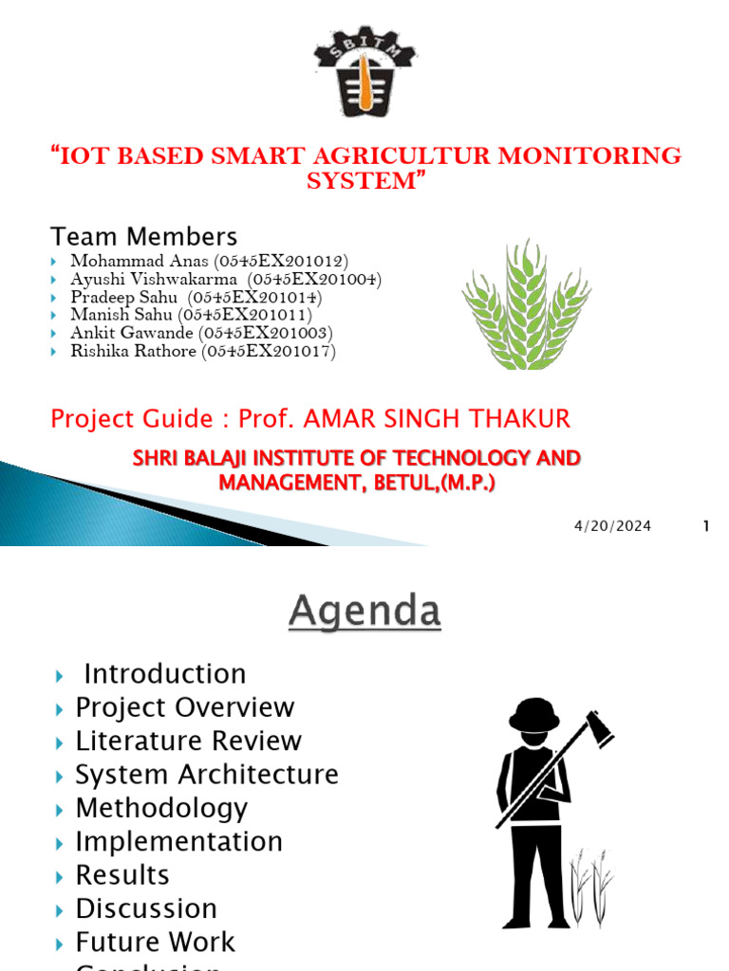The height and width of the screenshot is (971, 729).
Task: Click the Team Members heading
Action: point(143,236)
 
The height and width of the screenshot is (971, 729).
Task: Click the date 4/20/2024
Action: point(612,526)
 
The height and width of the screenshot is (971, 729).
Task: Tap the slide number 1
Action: point(706,526)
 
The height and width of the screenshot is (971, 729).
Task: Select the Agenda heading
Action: point(364,612)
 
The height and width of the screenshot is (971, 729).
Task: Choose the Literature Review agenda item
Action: point(188,741)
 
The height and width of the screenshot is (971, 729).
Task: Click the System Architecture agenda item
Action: point(206,775)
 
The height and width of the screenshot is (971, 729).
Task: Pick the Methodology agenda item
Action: point(161,808)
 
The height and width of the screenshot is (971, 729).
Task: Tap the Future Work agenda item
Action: point(155,942)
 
